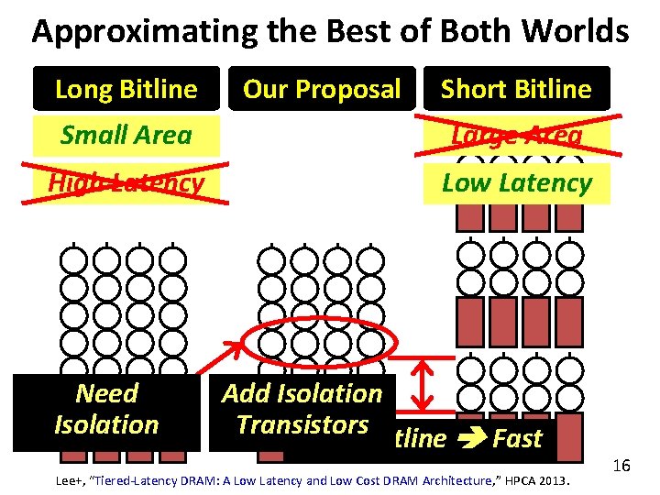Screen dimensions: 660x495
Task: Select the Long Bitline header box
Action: click(x=126, y=89)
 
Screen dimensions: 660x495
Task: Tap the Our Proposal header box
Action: click(x=322, y=89)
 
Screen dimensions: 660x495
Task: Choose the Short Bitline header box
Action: click(x=516, y=89)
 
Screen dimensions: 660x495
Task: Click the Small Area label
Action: click(x=126, y=136)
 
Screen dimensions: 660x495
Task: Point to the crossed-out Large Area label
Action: click(x=516, y=136)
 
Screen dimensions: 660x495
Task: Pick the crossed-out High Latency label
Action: click(x=126, y=183)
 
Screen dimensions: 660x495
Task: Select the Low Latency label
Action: click(x=516, y=182)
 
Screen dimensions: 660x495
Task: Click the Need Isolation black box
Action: click(x=106, y=410)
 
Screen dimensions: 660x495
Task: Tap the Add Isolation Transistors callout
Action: click(x=302, y=409)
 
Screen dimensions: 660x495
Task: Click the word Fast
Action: click(x=518, y=438)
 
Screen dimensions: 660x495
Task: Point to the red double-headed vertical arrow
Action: click(x=424, y=385)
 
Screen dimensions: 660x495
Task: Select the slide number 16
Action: click(x=621, y=467)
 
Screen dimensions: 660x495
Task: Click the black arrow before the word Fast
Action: click(x=469, y=439)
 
